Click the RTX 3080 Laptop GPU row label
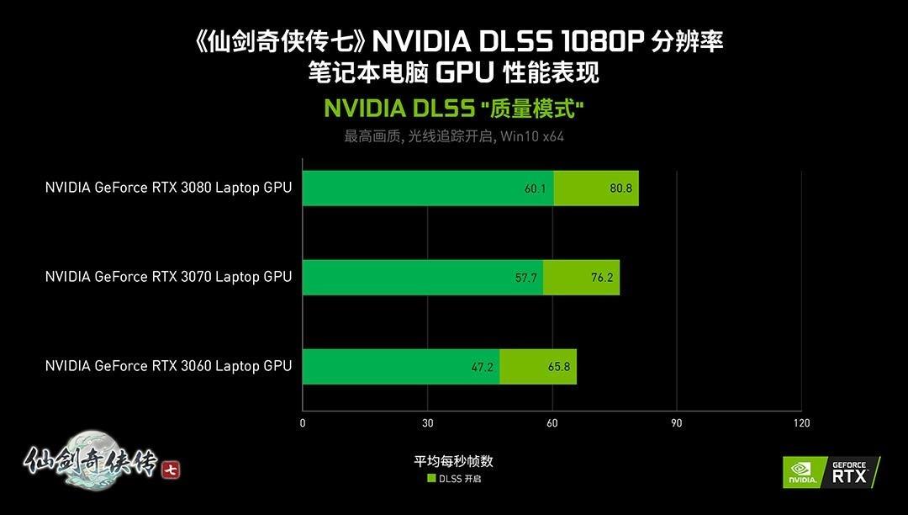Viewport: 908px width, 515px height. (x=168, y=188)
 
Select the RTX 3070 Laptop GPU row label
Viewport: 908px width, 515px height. (x=168, y=276)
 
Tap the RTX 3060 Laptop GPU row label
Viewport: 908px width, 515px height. (x=168, y=365)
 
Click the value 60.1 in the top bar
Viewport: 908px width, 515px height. (x=536, y=188)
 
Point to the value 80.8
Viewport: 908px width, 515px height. (x=620, y=188)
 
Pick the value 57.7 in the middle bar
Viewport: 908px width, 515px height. (x=526, y=277)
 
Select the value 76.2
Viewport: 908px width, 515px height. (x=602, y=277)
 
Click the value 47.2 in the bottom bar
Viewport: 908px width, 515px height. (x=482, y=366)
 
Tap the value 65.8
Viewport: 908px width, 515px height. (x=558, y=366)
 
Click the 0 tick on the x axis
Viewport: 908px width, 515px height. (x=303, y=423)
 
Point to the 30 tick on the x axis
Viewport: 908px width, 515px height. (x=428, y=423)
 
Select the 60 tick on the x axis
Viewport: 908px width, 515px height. (x=552, y=423)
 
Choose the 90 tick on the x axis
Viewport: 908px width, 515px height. (x=677, y=423)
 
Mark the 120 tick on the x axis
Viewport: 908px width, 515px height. (x=801, y=423)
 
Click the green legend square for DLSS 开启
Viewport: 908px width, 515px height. (x=431, y=479)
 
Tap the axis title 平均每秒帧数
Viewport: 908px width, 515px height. (x=453, y=461)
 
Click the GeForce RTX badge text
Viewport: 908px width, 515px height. (x=849, y=471)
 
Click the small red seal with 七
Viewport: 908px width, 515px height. (x=171, y=469)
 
